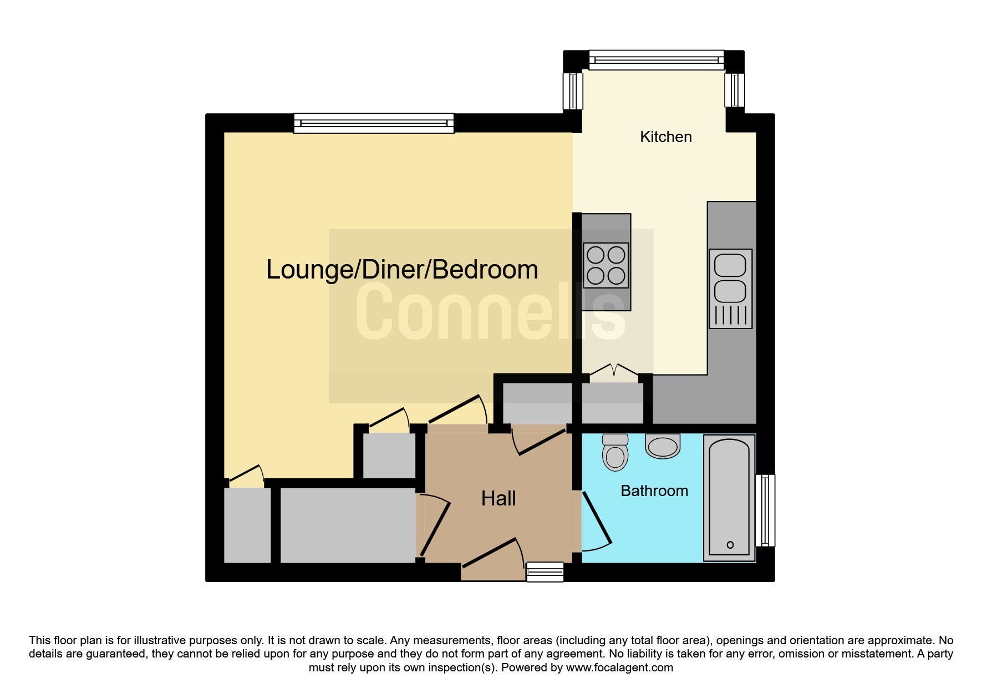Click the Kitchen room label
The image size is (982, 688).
[x=665, y=137]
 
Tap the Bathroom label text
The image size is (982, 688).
[x=654, y=491]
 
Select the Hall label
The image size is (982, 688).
[x=498, y=499]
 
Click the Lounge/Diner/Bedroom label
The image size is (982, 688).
[x=402, y=270]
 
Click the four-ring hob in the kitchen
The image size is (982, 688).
[x=606, y=265]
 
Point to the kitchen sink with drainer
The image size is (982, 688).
[x=730, y=289]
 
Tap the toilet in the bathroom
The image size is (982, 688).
[x=615, y=452]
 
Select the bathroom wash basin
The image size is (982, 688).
[x=663, y=446]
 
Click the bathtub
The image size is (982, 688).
[x=730, y=498]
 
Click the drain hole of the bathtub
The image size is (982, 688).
[x=730, y=545]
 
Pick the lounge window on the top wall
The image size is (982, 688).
[x=374, y=123]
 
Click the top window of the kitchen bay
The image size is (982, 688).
[x=657, y=60]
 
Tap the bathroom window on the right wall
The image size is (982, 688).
[x=765, y=510]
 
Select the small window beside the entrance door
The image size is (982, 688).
[x=545, y=572]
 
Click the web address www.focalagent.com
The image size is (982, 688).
[x=619, y=667]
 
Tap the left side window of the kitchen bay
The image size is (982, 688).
[x=573, y=91]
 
